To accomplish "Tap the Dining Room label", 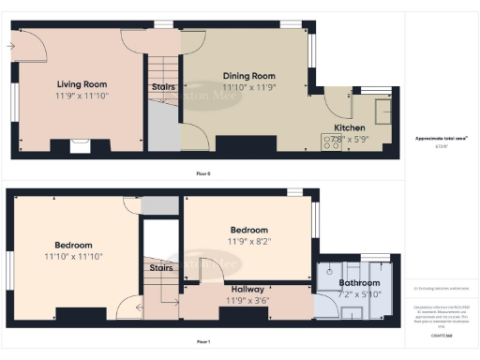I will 248,76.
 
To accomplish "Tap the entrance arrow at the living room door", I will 11,44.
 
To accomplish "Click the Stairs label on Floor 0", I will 162,87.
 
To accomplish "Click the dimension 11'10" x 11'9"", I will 248,86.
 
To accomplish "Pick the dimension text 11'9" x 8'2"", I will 248,240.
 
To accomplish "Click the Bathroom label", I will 359,283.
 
